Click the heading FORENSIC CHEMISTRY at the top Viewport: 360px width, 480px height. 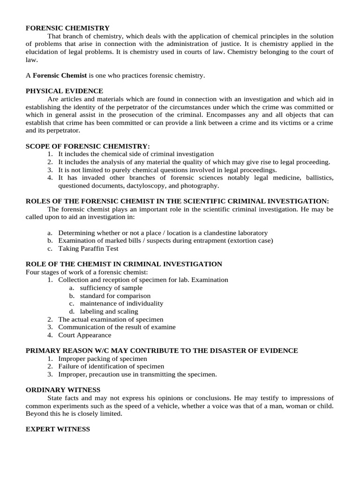tap(67, 28)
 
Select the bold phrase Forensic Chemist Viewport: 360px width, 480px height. tap(60, 75)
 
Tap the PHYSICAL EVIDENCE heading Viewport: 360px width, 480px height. tap(64, 90)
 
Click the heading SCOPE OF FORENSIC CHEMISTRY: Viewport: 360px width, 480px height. tap(88, 146)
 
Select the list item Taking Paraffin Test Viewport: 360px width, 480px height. tap(88, 248)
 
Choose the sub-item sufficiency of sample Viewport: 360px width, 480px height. tap(111, 288)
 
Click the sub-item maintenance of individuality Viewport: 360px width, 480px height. tap(121, 303)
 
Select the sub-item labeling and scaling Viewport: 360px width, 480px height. tap(109, 311)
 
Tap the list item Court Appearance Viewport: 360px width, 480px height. tap(84, 335)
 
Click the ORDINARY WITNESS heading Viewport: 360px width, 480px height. tap(63, 390)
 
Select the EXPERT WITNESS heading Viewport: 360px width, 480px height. tap(58, 429)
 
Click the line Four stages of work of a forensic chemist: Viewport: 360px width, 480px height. tap(86, 272)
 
